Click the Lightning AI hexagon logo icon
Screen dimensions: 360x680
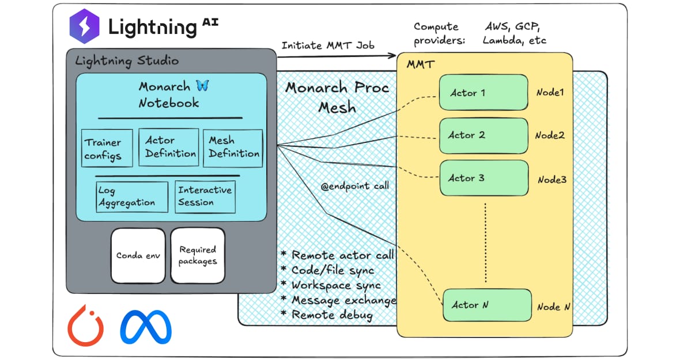pyautogui.click(x=85, y=27)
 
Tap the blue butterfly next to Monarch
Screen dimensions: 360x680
pyautogui.click(x=202, y=86)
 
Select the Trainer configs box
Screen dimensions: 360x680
pyautogui.click(x=107, y=149)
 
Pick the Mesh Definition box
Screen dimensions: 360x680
pyautogui.click(x=233, y=147)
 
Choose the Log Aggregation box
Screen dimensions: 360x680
pyautogui.click(x=132, y=196)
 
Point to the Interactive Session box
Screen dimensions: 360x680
pyautogui.click(x=205, y=196)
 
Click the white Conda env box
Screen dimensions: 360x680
pyautogui.click(x=137, y=255)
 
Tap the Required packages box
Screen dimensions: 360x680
pyautogui.click(x=197, y=255)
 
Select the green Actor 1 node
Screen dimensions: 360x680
pyautogui.click(x=483, y=92)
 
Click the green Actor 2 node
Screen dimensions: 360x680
pyautogui.click(x=483, y=135)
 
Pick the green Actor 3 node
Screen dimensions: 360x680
pyautogui.click(x=483, y=178)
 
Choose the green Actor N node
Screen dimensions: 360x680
pyautogui.click(x=487, y=305)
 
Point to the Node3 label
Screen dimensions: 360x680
pyautogui.click(x=551, y=180)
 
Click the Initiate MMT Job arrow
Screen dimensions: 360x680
pyautogui.click(x=337, y=56)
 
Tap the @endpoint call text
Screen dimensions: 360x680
pyautogui.click(x=354, y=186)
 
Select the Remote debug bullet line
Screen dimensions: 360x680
pyautogui.click(x=327, y=315)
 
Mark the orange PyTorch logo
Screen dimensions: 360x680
pyautogui.click(x=85, y=325)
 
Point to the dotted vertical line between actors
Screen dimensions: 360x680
pyautogui.click(x=485, y=242)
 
